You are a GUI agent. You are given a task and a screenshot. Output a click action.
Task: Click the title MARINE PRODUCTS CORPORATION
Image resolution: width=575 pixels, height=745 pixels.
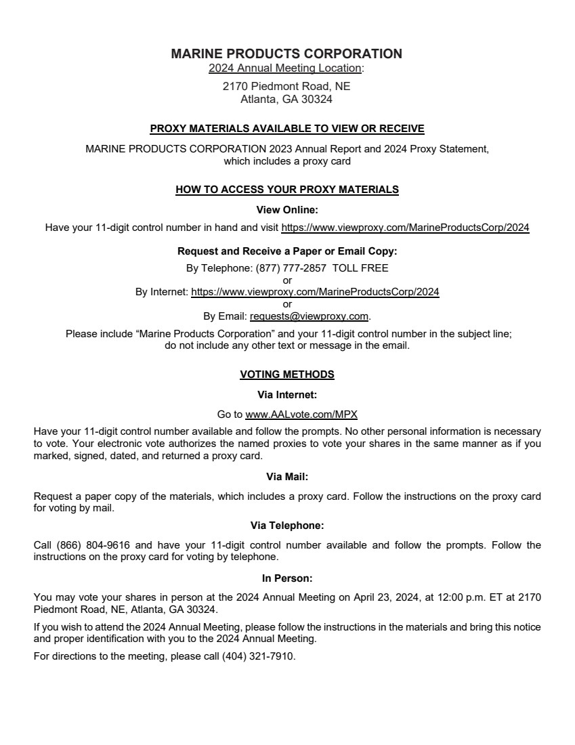click(286, 54)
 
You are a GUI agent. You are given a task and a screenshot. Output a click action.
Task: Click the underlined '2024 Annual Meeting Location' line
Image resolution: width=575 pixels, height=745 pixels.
click(285, 68)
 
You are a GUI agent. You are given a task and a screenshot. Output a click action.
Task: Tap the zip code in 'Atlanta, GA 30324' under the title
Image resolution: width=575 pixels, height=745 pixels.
click(317, 100)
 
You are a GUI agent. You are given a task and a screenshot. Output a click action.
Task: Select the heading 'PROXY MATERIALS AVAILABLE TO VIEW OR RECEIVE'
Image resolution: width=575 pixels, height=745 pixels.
click(287, 129)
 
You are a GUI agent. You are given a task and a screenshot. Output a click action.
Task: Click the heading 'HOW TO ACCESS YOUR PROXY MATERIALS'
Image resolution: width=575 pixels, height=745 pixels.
click(287, 190)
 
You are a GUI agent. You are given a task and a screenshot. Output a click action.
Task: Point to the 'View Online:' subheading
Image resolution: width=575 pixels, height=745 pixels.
click(287, 210)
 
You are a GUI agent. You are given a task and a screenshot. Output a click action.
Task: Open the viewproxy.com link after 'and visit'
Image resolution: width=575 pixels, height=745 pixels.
click(405, 228)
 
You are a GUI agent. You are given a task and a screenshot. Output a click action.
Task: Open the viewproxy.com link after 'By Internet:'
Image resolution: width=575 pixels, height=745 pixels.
click(315, 293)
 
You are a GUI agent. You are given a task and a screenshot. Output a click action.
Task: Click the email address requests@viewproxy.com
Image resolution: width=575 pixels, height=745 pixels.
click(309, 316)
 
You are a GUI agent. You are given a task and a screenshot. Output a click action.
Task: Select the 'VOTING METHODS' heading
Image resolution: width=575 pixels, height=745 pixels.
click(287, 375)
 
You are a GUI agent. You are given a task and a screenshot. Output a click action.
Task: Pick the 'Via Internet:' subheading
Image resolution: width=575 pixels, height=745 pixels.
click(287, 394)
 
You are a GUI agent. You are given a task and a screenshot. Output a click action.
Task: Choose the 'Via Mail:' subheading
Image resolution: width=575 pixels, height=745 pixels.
click(287, 477)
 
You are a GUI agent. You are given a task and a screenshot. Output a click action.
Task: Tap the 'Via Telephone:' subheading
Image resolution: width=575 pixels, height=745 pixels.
click(287, 526)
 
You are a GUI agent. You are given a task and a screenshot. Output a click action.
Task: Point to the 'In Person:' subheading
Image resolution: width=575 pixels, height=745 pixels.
click(287, 578)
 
